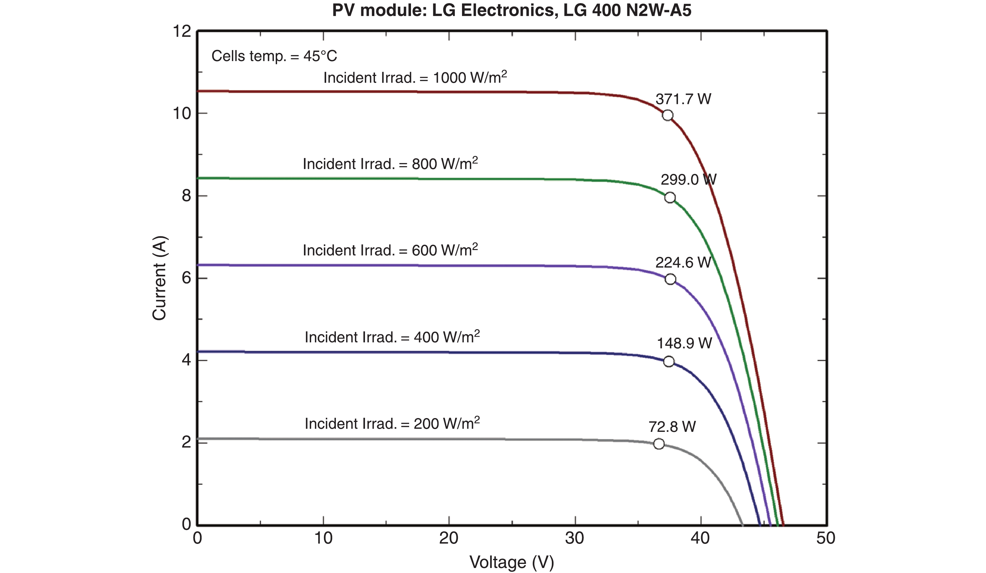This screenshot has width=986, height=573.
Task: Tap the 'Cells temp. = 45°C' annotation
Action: (x=274, y=56)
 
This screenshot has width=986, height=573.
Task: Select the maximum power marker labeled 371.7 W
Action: (x=667, y=115)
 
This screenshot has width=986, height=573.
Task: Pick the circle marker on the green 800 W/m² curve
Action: (x=670, y=197)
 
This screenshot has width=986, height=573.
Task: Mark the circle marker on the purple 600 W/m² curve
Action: (x=670, y=279)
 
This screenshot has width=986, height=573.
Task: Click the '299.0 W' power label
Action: (x=688, y=180)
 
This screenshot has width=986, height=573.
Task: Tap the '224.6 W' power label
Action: (x=683, y=263)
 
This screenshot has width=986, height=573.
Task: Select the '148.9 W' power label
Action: (x=684, y=343)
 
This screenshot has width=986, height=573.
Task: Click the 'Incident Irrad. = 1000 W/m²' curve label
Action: (x=415, y=77)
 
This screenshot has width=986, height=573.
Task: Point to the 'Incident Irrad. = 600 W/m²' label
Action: (x=390, y=250)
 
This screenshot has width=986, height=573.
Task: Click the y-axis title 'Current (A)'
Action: (x=159, y=278)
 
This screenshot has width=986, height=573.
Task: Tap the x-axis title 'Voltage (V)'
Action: (x=511, y=562)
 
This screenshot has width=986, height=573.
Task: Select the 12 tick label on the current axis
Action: (x=182, y=31)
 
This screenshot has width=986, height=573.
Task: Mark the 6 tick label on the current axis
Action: (x=186, y=278)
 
